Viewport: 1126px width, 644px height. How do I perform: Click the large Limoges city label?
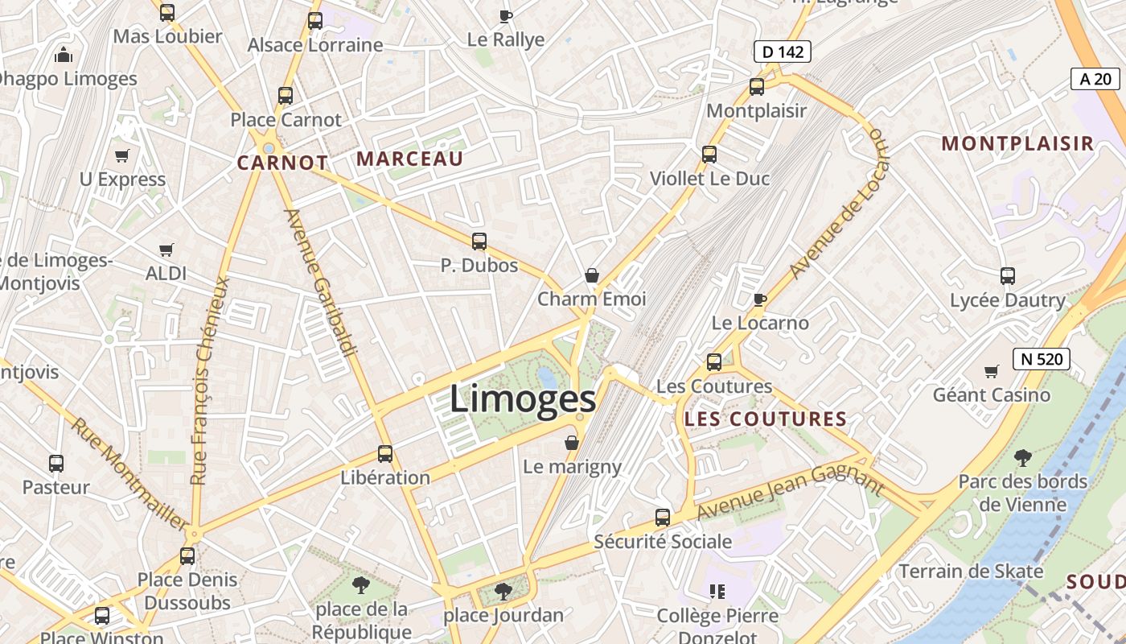tap(523, 399)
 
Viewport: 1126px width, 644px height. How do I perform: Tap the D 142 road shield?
tap(782, 52)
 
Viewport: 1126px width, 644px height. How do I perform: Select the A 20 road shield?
tap(1095, 79)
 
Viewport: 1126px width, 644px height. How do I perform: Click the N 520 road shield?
tap(1042, 359)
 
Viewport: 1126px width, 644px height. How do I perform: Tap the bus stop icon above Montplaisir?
tap(756, 87)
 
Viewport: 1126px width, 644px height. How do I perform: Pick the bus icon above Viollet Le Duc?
tap(709, 154)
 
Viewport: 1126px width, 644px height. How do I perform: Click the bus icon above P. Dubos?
tap(479, 241)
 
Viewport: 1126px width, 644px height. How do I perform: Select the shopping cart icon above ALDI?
tap(166, 250)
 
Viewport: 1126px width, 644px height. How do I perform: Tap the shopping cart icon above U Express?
tap(121, 155)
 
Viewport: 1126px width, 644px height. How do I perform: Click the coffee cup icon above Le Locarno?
tap(759, 300)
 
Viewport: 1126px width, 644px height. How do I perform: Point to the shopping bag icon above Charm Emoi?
tap(592, 276)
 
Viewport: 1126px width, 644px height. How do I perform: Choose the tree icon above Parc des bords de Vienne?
tap(1023, 458)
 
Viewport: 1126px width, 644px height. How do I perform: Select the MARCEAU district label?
tap(410, 159)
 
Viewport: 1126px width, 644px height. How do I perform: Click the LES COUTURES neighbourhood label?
tap(766, 419)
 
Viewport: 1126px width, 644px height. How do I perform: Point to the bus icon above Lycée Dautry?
tap(1008, 276)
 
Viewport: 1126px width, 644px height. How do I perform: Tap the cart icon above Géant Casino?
tap(991, 372)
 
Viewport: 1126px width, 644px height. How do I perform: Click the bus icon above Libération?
tap(385, 454)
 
